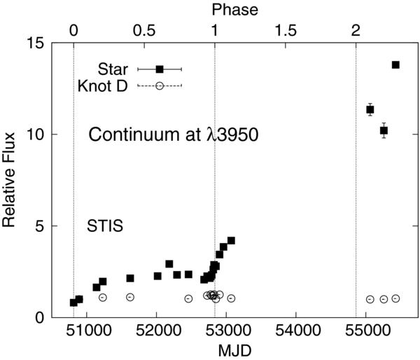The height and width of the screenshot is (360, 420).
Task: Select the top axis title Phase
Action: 234,9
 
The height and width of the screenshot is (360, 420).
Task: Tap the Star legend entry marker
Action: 160,69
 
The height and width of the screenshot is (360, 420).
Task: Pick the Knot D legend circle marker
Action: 160,85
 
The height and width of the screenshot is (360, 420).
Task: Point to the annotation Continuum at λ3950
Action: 174,135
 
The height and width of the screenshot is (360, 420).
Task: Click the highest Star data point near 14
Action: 395,64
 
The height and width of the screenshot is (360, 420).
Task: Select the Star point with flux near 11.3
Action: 370,109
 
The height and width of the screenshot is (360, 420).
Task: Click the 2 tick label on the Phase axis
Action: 356,31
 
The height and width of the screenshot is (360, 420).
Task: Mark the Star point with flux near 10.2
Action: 384,130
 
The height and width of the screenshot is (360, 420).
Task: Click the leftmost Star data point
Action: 73,303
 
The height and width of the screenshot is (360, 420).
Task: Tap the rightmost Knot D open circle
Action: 395,298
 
